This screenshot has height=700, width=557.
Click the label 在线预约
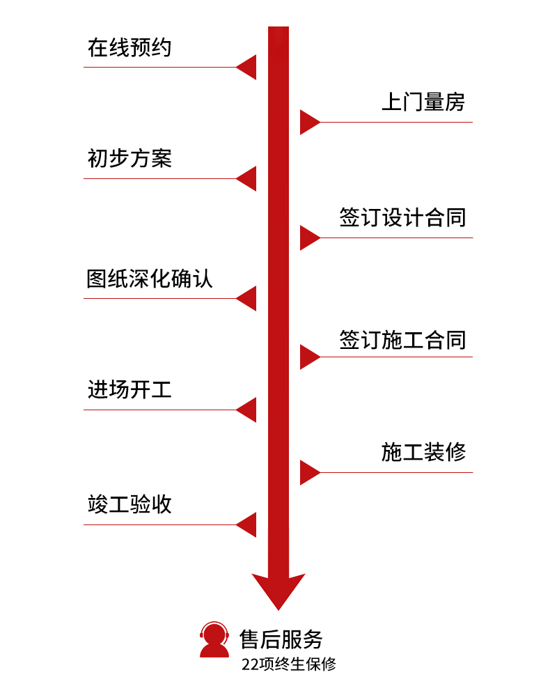pos(130,48)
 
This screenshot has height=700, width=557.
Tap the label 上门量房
pos(423,102)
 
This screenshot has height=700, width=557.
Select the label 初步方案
pos(130,159)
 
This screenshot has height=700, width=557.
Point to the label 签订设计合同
pos(402,217)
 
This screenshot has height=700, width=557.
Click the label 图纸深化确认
pos(150,279)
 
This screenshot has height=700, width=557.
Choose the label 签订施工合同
pos(402,340)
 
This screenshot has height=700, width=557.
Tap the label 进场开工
pos(130,389)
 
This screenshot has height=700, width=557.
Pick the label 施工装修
pos(423,452)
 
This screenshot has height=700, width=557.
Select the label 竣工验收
pos(130,504)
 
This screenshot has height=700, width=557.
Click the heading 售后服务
pos(281,639)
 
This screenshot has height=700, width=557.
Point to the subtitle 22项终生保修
pos(289,664)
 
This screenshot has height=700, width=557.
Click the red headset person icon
pos(214,639)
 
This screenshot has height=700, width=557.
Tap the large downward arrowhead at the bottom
pos(278,589)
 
